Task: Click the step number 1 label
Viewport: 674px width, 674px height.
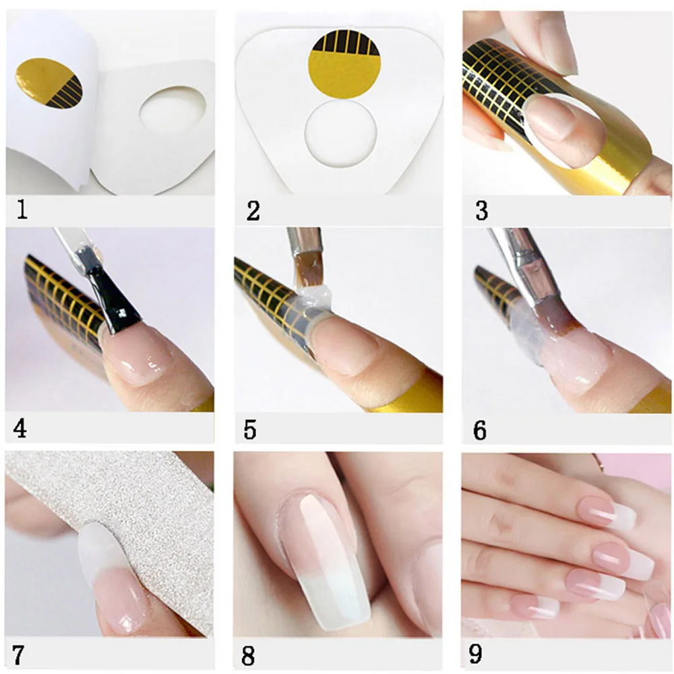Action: tap(22, 211)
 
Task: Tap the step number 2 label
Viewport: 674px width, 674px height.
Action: tap(253, 211)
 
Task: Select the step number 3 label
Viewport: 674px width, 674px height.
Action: tap(481, 211)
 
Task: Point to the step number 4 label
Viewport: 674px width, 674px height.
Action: tap(20, 429)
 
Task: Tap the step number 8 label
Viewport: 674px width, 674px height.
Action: tap(249, 655)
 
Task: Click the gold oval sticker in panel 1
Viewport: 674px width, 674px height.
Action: tap(49, 82)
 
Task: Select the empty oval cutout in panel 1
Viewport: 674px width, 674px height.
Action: tap(173, 110)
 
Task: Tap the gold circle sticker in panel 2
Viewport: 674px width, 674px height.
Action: tap(346, 65)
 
